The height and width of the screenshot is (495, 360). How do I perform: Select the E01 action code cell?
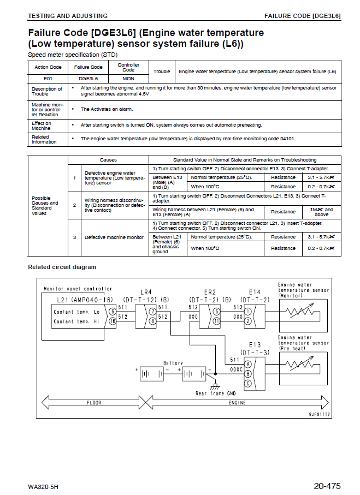point(48,79)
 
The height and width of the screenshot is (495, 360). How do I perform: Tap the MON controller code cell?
point(128,79)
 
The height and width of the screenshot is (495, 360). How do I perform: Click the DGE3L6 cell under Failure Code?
point(88,79)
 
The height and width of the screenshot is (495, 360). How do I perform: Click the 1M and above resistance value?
point(321,212)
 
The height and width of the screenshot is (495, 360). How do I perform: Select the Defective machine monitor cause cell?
point(114,237)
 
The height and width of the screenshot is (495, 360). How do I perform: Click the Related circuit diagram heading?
point(62,267)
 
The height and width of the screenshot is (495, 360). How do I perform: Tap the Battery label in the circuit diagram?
point(174,362)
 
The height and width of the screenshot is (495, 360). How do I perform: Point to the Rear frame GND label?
point(216,393)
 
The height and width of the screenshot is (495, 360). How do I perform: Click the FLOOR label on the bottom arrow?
point(93,403)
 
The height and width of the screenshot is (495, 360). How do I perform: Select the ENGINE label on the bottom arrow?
point(237,403)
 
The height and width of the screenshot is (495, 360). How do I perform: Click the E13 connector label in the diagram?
point(255,345)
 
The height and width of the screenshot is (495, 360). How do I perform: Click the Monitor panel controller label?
point(78,289)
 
